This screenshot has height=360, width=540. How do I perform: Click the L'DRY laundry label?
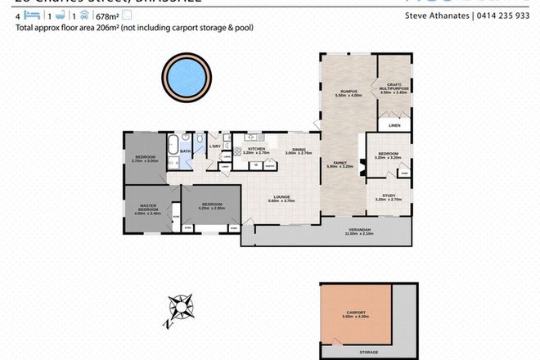click(215, 146)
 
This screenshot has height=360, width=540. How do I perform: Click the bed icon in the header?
click(23, 15)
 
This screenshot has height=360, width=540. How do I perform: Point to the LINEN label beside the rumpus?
click(394, 125)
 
